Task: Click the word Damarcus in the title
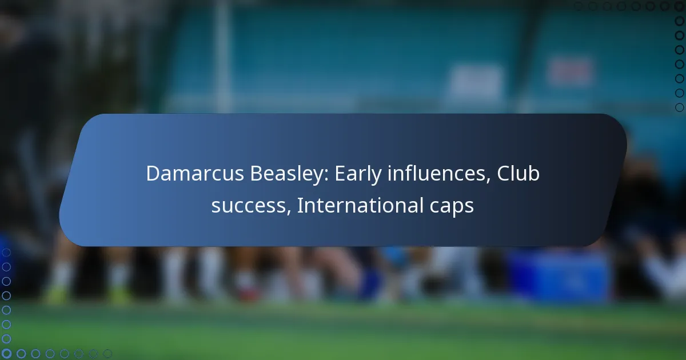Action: pyautogui.click(x=195, y=174)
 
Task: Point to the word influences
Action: pyautogui.click(x=436, y=174)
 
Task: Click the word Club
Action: pyautogui.click(x=518, y=174)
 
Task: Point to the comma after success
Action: pyautogui.click(x=289, y=212)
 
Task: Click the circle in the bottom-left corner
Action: pyautogui.click(x=6, y=354)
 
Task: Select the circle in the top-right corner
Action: pyautogui.click(x=679, y=6)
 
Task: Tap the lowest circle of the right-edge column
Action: pyautogui.click(x=679, y=107)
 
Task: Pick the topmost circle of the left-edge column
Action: pyautogui.click(x=6, y=253)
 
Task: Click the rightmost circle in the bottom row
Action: pyautogui.click(x=107, y=354)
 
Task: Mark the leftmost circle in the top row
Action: pyautogui.click(x=578, y=6)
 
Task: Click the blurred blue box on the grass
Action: pyautogui.click(x=558, y=276)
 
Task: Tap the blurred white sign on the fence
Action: pyautogui.click(x=476, y=81)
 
